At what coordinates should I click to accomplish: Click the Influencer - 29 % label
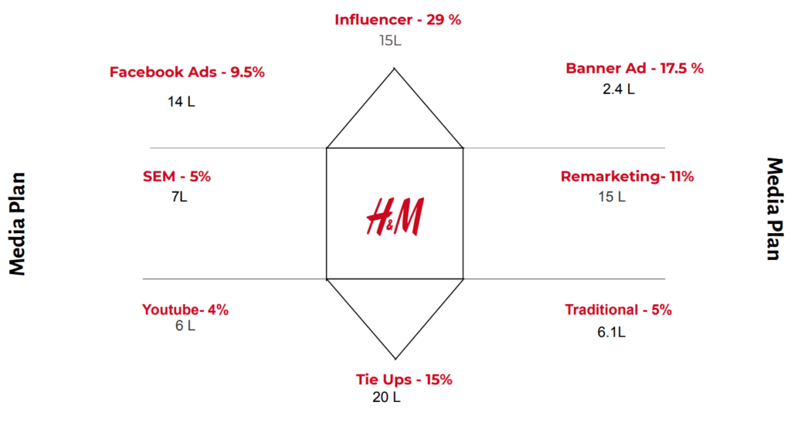pos(397,20)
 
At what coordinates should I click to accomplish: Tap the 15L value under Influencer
pos(390,39)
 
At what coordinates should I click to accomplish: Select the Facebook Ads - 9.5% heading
pos(187,73)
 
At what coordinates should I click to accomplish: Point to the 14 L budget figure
pos(181,101)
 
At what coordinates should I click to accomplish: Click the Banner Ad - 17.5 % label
pos(634,68)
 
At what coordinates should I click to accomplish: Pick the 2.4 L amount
pos(618,89)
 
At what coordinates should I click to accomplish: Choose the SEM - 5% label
pos(176,176)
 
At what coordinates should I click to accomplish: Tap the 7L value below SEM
pos(179,196)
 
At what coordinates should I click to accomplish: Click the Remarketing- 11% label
pos(626,177)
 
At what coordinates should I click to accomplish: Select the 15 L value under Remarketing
pos(611,196)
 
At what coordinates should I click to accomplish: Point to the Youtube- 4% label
pos(185,310)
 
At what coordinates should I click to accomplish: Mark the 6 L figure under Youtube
pos(185,325)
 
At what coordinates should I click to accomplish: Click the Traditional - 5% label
pos(618,310)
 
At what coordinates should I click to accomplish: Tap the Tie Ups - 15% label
pos(403,380)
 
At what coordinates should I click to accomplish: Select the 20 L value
pos(386,397)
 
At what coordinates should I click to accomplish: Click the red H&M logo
pos(395,216)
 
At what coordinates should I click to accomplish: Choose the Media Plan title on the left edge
pos(18,223)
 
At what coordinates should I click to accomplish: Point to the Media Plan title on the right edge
pos(774,209)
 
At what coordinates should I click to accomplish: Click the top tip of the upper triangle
pos(395,69)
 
